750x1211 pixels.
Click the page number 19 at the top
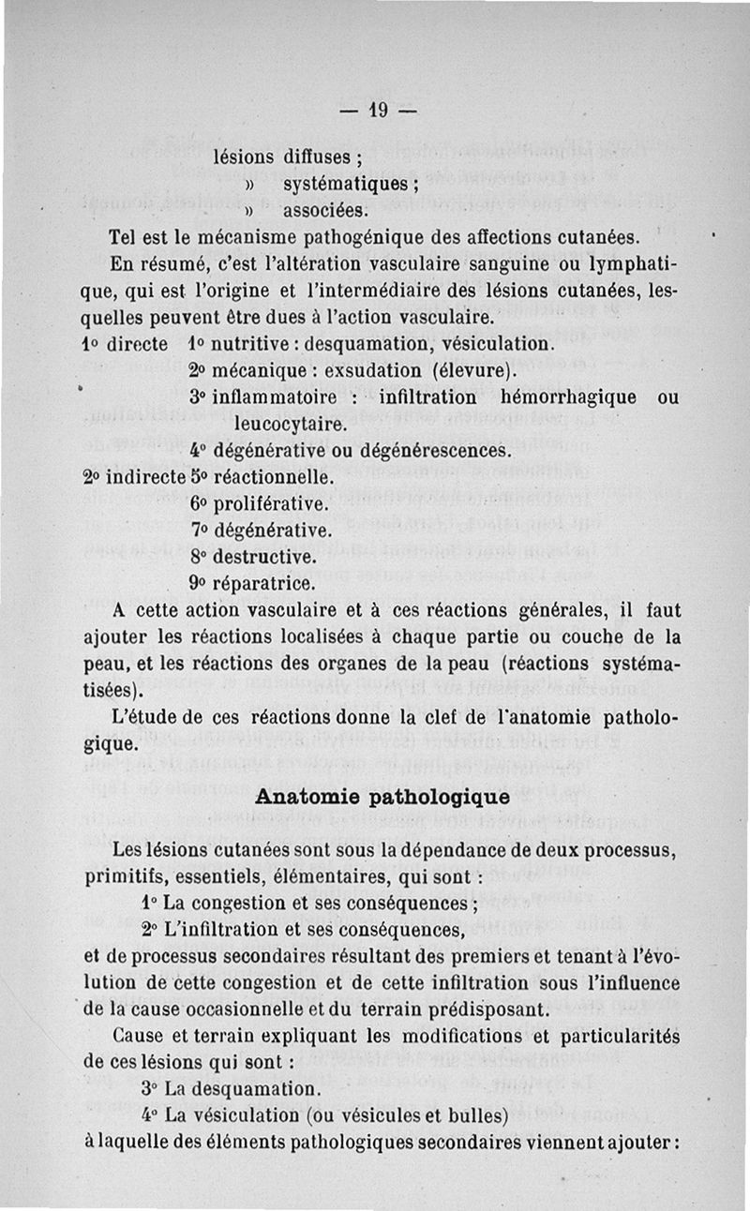pyautogui.click(x=378, y=110)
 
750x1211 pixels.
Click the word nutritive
pyautogui.click(x=246, y=344)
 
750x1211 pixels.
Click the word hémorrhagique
pyautogui.click(x=569, y=397)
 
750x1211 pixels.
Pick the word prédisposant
pyautogui.click(x=491, y=1011)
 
